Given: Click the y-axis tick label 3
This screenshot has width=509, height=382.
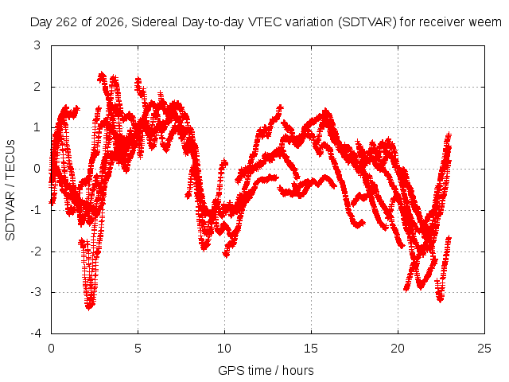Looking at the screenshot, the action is [37, 45].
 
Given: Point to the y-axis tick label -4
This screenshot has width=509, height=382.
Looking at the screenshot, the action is [35, 333].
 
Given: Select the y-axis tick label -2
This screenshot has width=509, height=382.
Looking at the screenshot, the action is [35, 251].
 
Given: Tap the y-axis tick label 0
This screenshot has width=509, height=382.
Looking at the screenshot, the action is [37, 169].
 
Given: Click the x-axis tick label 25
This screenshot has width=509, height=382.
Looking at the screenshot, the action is [484, 349].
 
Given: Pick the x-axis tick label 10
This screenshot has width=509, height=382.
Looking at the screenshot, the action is [224, 349].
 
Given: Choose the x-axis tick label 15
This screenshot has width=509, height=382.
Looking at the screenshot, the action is [311, 349].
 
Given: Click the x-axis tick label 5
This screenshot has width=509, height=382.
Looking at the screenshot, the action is [138, 349].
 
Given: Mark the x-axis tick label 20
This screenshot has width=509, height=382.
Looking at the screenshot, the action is [398, 349].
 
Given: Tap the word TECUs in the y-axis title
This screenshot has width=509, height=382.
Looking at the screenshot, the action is [10, 158].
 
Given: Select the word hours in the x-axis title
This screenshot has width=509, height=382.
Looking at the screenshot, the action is [298, 370].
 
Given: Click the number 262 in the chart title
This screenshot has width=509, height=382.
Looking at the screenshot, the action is [67, 22].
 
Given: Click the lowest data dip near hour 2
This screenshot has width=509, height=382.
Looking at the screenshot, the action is [89, 306].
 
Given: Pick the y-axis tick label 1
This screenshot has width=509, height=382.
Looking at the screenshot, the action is [37, 127].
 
